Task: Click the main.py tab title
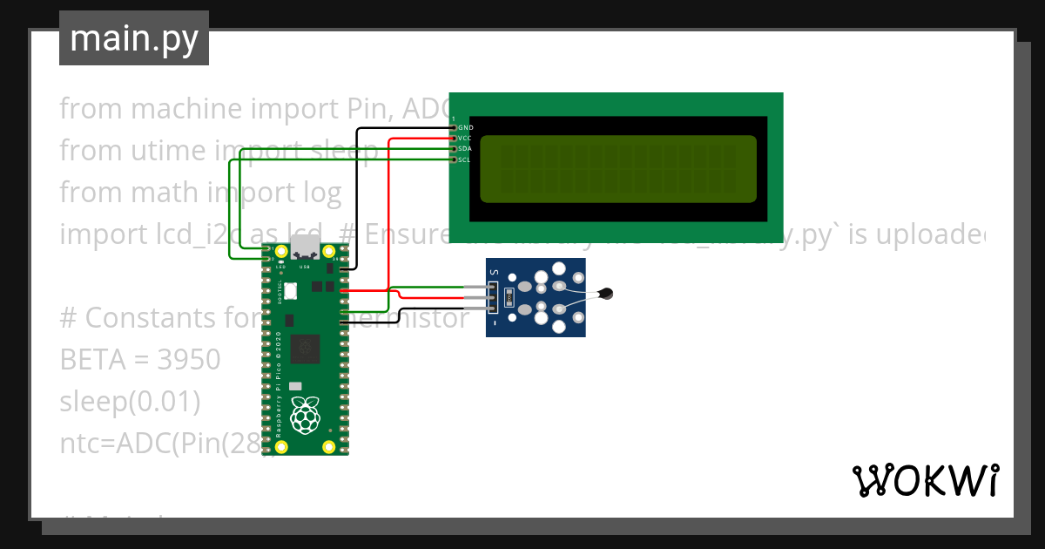[x=133, y=38]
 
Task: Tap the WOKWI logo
[x=925, y=481]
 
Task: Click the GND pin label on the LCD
[x=466, y=128]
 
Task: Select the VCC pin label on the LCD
[x=466, y=139]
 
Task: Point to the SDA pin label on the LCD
[x=466, y=149]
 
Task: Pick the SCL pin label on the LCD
[x=466, y=159]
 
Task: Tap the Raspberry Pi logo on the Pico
[x=304, y=417]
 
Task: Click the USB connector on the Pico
[x=304, y=247]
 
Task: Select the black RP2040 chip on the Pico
[x=306, y=349]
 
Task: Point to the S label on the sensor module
[x=493, y=273]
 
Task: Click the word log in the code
[x=322, y=193]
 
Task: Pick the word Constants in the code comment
[x=156, y=318]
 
